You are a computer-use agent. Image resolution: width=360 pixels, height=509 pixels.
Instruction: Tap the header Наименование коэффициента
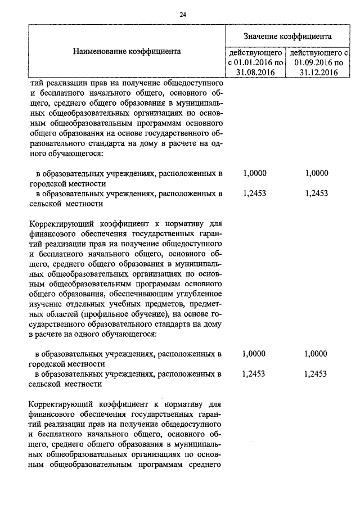click(127, 51)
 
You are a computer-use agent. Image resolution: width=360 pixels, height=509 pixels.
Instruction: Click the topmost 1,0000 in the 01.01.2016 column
click(254, 173)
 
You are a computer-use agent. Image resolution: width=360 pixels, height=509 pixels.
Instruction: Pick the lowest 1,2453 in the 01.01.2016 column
click(254, 373)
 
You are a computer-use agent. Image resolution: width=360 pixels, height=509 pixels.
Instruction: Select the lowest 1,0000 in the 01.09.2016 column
click(315, 354)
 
